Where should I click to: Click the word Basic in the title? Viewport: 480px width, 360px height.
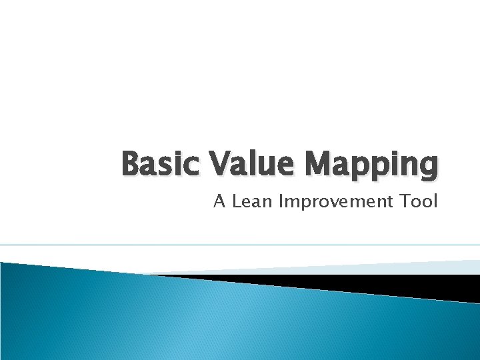(x=160, y=164)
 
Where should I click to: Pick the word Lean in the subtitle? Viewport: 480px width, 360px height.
(x=253, y=201)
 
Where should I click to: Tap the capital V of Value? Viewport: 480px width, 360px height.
(x=221, y=164)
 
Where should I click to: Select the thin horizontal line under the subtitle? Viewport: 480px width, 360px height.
(x=240, y=245)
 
